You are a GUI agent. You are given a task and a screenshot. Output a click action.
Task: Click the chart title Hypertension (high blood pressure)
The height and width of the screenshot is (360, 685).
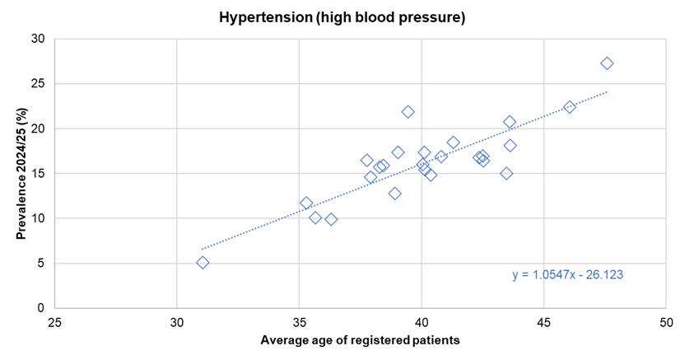tap(342, 16)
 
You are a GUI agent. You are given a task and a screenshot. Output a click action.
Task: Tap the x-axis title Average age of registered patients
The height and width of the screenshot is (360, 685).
tap(360, 339)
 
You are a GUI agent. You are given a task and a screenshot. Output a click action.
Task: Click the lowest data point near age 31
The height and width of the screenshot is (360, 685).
tap(203, 263)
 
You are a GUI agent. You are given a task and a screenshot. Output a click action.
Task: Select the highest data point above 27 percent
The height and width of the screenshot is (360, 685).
tap(607, 63)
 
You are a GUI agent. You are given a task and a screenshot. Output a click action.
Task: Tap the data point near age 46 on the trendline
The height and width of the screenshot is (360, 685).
tap(569, 107)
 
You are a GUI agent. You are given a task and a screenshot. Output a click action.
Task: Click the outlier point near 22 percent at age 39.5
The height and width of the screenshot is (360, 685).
tap(408, 112)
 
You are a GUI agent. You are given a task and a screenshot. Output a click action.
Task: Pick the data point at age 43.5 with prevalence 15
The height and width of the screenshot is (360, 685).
tap(506, 174)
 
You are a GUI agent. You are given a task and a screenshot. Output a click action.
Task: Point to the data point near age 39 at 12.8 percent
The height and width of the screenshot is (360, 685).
tap(395, 194)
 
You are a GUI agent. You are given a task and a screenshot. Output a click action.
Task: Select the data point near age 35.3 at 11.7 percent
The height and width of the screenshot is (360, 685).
tap(306, 203)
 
